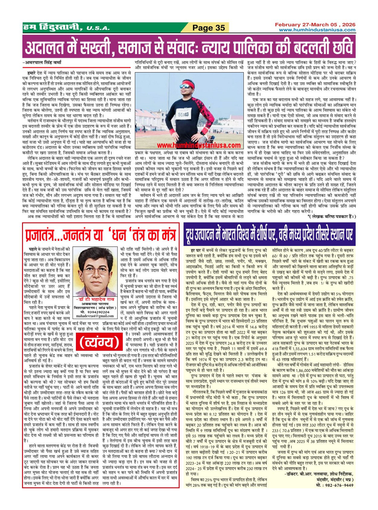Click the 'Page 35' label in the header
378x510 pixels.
tap(208, 28)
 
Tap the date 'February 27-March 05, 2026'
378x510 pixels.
tap(315, 25)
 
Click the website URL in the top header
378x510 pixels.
tap(317, 30)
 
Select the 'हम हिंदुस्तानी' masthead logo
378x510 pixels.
tap(52, 27)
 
